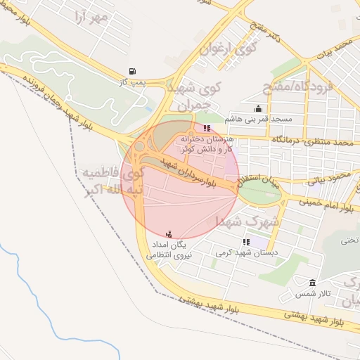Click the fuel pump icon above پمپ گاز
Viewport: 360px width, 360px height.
[132, 71]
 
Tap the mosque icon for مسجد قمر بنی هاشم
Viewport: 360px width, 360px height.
[259, 109]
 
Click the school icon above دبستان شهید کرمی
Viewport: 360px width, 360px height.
[245, 242]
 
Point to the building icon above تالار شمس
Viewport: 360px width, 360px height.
[312, 283]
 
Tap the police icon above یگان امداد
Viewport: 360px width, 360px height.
[168, 234]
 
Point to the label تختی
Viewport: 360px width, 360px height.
[349, 240]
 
